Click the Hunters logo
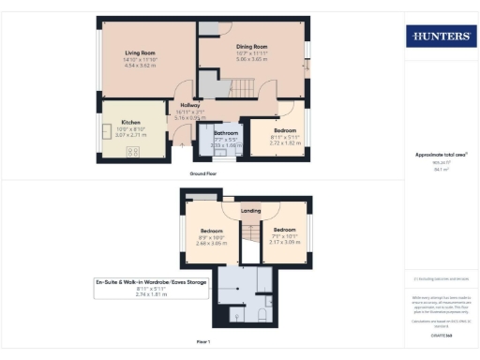pos(439,37)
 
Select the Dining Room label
pos(251,46)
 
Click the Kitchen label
pos(130,123)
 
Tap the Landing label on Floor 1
pos(251,211)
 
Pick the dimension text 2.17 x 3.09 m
pos(283,241)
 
